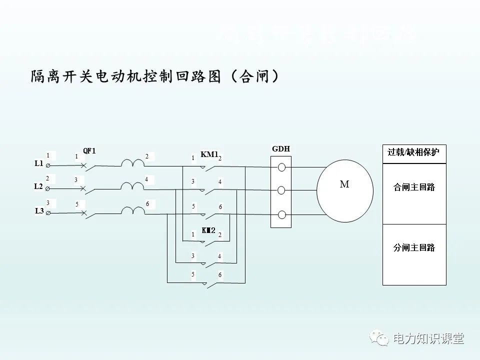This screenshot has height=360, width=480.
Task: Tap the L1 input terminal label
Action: coord(39,163)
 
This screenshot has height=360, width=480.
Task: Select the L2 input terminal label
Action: coord(38,186)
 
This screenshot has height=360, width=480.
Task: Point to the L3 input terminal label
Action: coord(39,211)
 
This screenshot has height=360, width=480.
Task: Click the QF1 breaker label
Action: coord(89,151)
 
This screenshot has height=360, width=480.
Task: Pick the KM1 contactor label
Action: coord(209,154)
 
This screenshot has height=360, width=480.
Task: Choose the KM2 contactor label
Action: coord(208,230)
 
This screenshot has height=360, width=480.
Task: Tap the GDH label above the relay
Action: coord(280,149)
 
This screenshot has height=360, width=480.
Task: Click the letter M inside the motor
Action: coord(344,184)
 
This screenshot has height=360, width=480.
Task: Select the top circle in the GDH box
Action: coord(281,167)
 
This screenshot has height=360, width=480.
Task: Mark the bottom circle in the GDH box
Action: coord(281,215)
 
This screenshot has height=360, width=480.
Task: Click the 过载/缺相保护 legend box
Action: coord(413,152)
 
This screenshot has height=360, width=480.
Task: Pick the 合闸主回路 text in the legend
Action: coord(414,187)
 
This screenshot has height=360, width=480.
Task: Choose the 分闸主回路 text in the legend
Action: coord(414,247)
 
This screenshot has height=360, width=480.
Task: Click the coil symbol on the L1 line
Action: coord(132,163)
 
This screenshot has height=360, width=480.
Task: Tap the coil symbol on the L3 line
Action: coord(132,211)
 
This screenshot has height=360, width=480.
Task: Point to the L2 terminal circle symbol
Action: coord(47,189)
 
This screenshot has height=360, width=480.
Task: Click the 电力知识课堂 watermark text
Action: coord(429,338)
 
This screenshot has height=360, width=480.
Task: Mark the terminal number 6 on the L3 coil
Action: coord(147,203)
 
